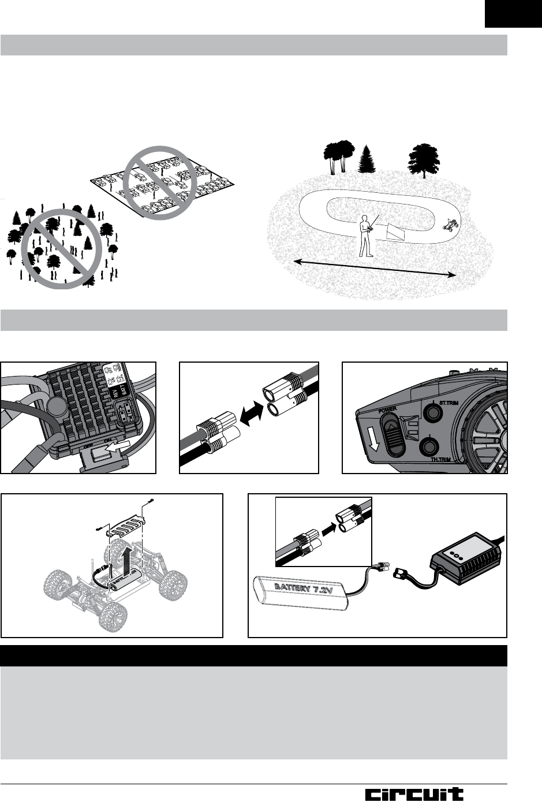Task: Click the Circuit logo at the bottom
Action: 414,794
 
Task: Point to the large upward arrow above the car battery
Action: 128,560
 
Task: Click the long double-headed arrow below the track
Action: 375,268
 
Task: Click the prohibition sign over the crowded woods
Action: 61,248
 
